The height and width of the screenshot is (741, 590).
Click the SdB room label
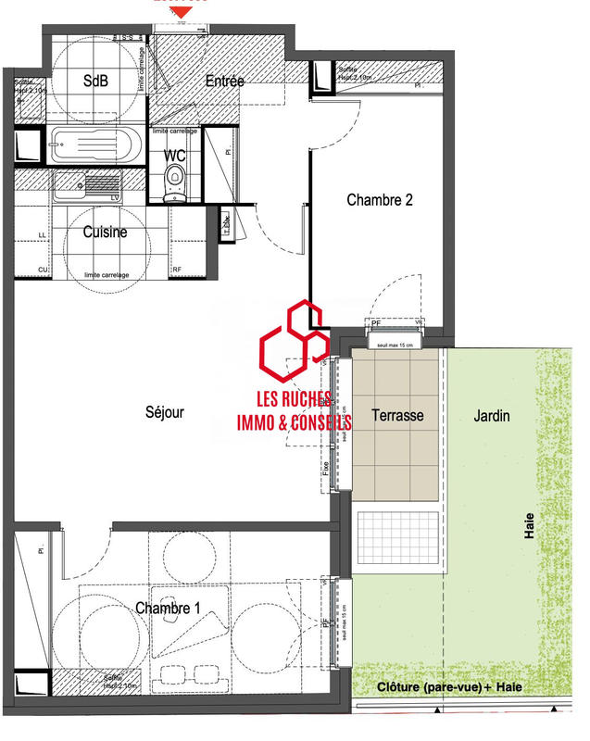(95, 81)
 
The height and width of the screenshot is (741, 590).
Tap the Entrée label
(224, 82)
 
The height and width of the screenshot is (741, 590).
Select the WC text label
(175, 155)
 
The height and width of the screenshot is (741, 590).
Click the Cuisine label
(105, 232)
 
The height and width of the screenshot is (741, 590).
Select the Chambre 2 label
(379, 199)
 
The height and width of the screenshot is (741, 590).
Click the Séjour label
(165, 413)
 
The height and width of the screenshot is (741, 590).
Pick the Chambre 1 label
(170, 609)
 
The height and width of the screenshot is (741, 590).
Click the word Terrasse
(397, 416)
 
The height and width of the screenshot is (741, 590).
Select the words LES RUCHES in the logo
(295, 400)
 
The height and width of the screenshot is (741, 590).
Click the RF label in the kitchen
(177, 270)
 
